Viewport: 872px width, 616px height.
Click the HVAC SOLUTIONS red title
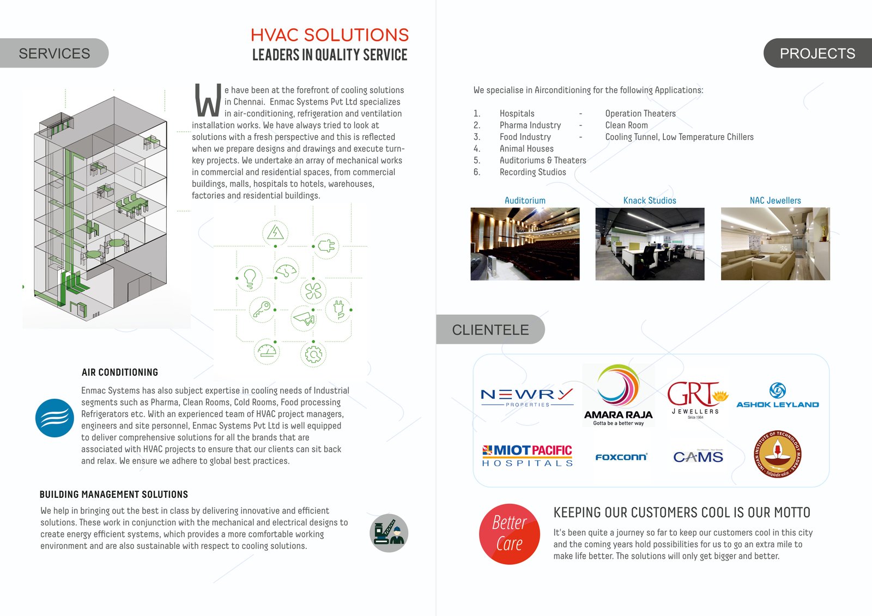click(329, 35)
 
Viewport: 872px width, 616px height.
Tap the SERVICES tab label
click(54, 53)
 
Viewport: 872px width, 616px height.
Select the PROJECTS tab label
click(817, 53)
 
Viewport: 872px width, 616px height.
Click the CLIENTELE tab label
click(490, 330)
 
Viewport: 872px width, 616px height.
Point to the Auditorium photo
click(525, 244)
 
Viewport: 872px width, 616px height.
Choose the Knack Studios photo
click(650, 244)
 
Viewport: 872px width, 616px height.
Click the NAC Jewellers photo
click(775, 244)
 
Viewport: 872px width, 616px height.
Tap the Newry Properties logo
click(527, 397)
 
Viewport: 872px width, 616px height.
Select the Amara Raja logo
click(618, 395)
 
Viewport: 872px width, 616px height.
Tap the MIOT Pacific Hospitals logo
click(527, 455)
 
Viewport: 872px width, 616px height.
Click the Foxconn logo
click(621, 457)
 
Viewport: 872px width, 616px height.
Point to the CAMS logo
click(698, 456)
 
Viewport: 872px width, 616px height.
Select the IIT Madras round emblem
click(778, 454)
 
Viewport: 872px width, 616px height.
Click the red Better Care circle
click(510, 534)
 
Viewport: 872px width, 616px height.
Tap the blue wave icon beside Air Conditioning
click(55, 418)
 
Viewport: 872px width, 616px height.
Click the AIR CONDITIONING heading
click(120, 373)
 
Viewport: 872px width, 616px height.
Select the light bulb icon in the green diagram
click(250, 278)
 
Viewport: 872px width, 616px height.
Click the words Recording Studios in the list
click(532, 172)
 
